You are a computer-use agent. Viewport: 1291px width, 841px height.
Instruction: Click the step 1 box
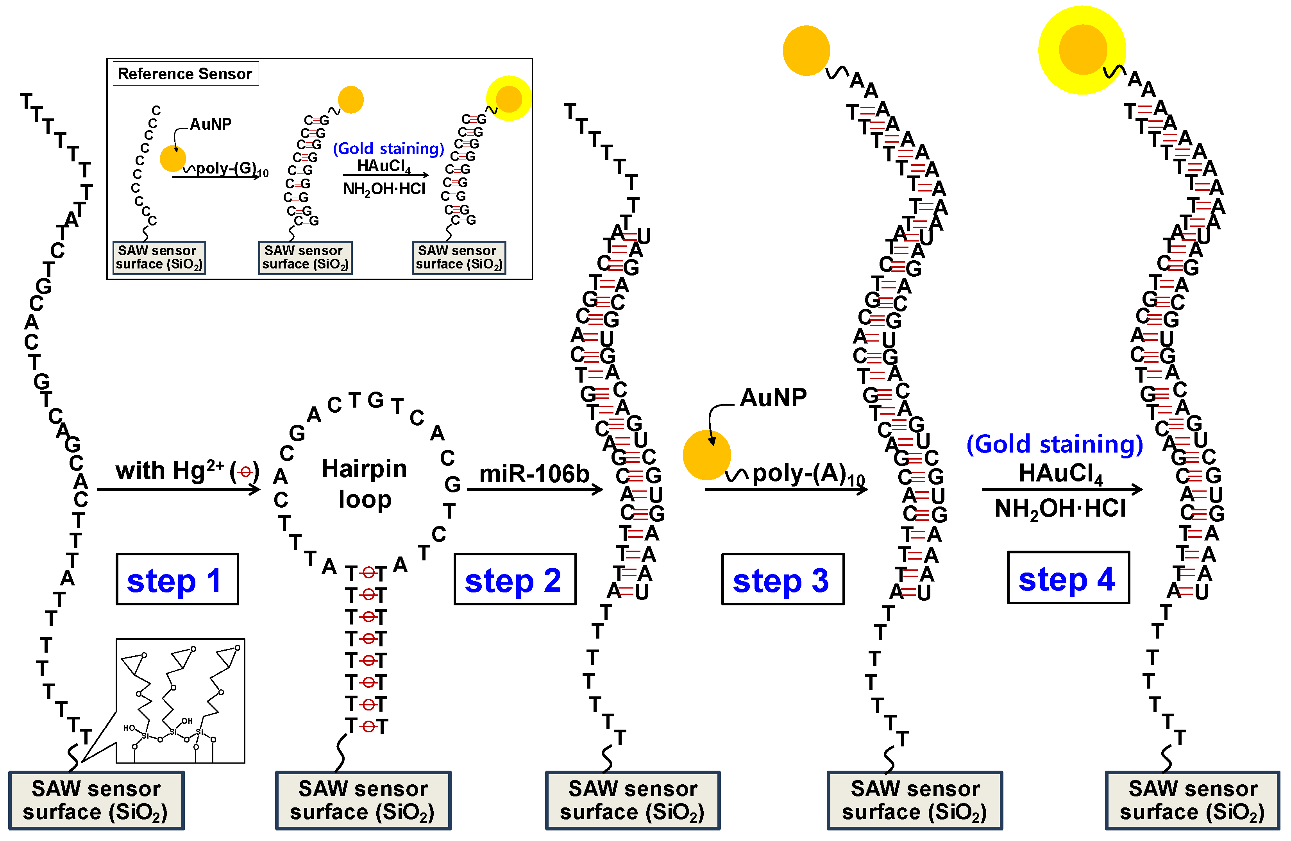pos(177,579)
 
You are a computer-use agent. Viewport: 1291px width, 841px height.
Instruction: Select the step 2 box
pos(514,579)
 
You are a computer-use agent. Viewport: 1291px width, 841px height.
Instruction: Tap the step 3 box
pos(782,579)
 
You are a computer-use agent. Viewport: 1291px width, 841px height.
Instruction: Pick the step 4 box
pos(1068,578)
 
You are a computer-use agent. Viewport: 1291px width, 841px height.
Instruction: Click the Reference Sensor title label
pos(185,73)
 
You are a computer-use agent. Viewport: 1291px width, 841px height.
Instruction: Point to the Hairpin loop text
pos(364,483)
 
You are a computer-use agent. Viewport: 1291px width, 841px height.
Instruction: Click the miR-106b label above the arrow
pos(534,474)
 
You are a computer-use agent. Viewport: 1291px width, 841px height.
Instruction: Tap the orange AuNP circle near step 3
pos(706,454)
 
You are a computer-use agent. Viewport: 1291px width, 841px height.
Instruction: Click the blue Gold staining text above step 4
pos(1055,444)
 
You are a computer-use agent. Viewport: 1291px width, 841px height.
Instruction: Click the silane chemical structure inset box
pos(181,700)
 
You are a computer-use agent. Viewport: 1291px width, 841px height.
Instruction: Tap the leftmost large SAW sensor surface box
pos(97,800)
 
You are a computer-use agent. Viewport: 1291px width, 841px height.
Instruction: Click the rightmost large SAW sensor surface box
pos(1192,800)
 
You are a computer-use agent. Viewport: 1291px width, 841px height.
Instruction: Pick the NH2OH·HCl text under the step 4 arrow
pos(1060,509)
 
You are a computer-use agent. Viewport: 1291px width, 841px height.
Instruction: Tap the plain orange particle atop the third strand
pos(806,50)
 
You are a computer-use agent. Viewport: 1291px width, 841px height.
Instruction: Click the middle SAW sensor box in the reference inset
pos(306,257)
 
